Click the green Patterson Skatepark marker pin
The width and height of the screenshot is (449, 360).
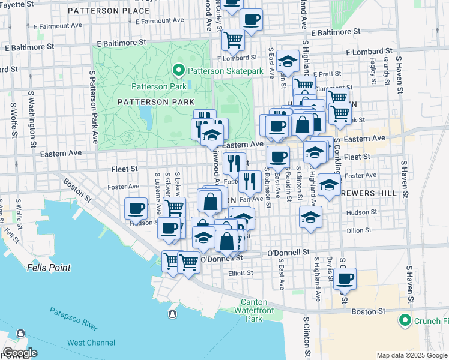pyautogui.click(x=178, y=71)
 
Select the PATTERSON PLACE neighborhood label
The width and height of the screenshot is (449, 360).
pyautogui.click(x=109, y=11)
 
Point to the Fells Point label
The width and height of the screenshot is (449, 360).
pyautogui.click(x=49, y=268)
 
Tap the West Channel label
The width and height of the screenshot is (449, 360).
pyautogui.click(x=91, y=343)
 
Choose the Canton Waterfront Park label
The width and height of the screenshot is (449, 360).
pyautogui.click(x=262, y=310)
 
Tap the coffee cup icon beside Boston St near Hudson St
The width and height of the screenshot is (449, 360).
pyautogui.click(x=136, y=209)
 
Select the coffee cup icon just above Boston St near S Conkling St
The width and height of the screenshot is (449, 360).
pyautogui.click(x=345, y=278)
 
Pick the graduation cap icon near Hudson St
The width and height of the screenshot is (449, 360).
pyautogui.click(x=310, y=217)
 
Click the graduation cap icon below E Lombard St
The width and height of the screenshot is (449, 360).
pyautogui.click(x=288, y=61)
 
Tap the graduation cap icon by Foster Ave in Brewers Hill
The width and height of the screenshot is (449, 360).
pyautogui.click(x=328, y=185)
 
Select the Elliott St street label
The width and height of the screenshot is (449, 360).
pyautogui.click(x=241, y=272)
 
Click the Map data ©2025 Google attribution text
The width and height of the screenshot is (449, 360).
pyautogui.click(x=411, y=355)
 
